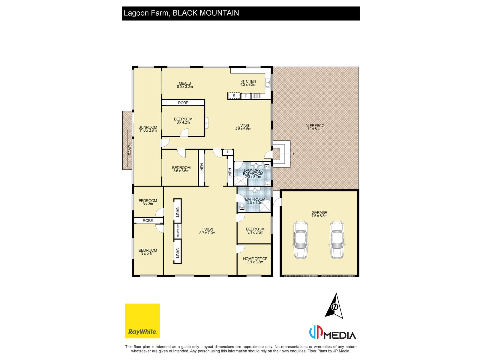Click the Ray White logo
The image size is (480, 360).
point(142,321)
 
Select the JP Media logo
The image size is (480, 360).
point(332,333)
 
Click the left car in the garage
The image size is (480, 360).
point(300,240)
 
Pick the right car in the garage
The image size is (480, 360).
point(337,240)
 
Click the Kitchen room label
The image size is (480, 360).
point(248,83)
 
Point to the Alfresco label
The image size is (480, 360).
point(315,127)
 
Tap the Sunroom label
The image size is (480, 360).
point(148,129)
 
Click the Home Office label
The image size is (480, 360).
point(255,260)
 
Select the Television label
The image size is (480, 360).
point(178,231)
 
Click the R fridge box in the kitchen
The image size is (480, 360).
point(234,96)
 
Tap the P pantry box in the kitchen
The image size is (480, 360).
point(246,96)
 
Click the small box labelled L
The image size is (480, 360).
point(228,152)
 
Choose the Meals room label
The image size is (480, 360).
point(184,85)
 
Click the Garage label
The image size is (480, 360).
point(319,214)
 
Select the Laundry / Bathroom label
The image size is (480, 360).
point(253,173)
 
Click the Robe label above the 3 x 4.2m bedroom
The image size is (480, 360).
point(183,103)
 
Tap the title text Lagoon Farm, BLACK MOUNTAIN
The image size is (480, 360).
point(181,13)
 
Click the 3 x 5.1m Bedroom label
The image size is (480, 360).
point(148,252)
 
